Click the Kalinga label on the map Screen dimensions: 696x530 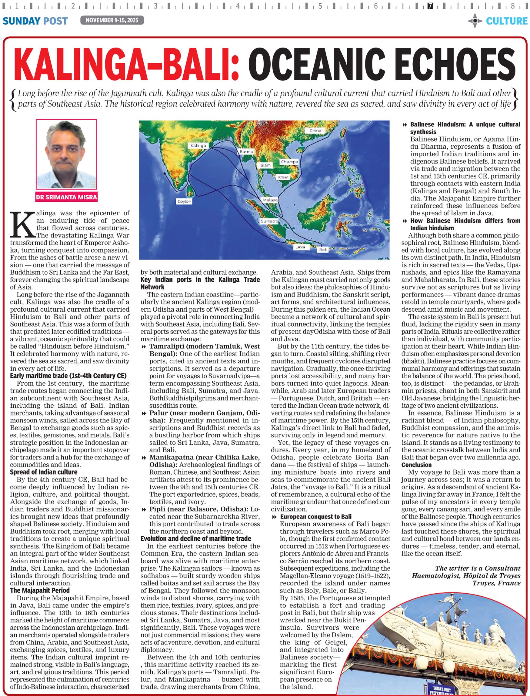coord(198,145)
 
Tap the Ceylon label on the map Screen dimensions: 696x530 coord(184,201)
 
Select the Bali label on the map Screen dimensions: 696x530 coord(322,250)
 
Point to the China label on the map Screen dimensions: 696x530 coord(315,130)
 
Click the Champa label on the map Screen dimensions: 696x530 coord(289,162)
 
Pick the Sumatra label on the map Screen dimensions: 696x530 coord(269,221)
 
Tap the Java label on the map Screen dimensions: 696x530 coord(300,247)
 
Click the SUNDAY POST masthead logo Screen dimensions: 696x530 coord(35,21)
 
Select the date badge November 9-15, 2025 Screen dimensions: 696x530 coord(112,21)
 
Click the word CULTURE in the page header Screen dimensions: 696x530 coord(506,21)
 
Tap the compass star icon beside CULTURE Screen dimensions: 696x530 coord(475,21)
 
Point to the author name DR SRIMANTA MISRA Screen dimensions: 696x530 coord(67,197)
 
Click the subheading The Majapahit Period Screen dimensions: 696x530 coord(40,590)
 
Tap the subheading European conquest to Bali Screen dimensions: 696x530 coord(315,517)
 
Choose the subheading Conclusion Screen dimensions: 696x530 coord(416,465)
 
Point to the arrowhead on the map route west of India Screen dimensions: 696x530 coord(164,174)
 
